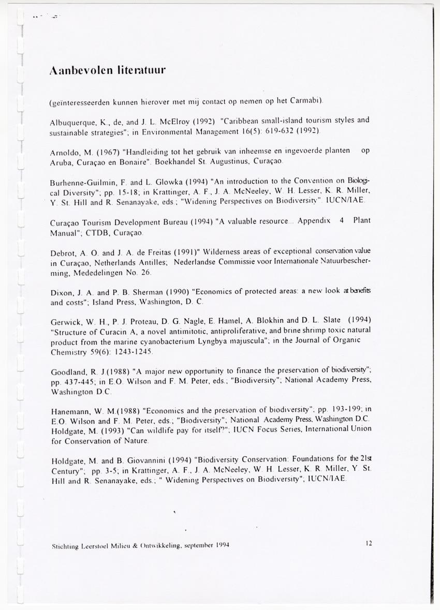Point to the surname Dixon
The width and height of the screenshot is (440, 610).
(x=62, y=292)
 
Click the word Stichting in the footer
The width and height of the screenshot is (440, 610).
(x=64, y=545)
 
